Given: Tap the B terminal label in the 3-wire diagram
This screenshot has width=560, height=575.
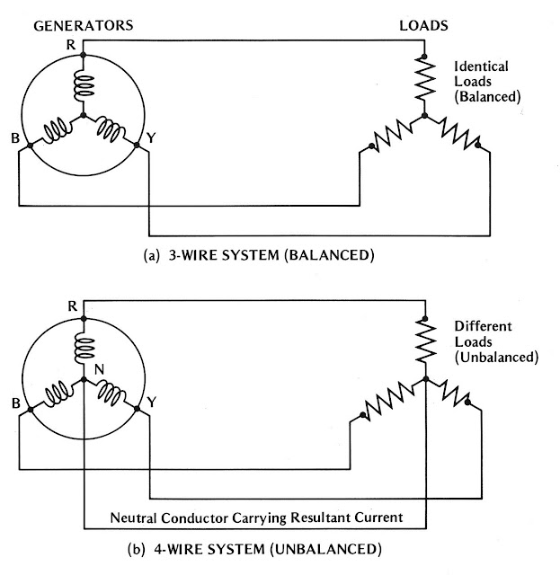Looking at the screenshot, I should tap(15, 139).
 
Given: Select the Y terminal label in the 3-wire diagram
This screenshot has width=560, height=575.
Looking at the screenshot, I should tap(150, 139).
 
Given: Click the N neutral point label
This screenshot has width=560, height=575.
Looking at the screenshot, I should tap(99, 369).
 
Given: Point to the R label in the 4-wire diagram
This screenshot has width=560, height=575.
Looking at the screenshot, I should tap(73, 305).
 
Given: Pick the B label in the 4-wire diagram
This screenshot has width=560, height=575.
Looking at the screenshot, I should tap(15, 403).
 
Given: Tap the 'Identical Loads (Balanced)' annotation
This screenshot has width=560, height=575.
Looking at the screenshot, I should tap(486, 81).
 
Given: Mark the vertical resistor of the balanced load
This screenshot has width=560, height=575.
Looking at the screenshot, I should tap(422, 81).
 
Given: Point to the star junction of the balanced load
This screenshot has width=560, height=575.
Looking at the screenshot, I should tap(422, 116).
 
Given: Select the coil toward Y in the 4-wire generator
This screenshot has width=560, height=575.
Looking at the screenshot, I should tap(112, 393).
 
